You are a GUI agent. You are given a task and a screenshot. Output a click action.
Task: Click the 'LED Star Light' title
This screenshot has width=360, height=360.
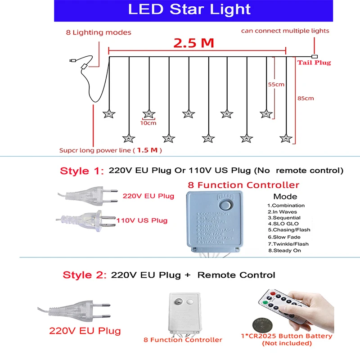189,9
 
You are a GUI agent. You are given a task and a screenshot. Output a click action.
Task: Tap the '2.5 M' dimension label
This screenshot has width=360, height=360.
194,43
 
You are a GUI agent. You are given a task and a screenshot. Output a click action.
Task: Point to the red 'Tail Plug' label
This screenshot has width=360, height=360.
314,63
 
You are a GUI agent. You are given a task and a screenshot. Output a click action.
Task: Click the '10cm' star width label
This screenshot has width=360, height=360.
148,123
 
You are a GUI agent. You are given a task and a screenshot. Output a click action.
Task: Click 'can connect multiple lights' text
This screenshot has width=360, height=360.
285,31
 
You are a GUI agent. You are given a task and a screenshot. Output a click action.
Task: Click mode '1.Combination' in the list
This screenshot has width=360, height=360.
286,205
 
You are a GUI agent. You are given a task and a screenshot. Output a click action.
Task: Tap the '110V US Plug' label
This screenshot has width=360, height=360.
142,220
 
